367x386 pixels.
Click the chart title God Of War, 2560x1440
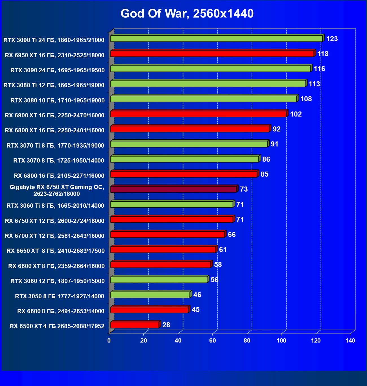point(187,14)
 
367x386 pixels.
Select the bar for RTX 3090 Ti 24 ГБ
point(216,39)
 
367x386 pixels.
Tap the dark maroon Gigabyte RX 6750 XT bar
point(173,189)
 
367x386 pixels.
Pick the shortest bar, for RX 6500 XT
point(135,325)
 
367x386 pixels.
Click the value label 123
point(332,39)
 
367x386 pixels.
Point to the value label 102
point(296,114)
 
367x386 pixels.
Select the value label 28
point(166,325)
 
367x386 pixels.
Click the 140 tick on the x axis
point(350,341)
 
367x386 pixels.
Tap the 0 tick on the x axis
point(109,341)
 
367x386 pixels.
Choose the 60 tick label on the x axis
point(212,341)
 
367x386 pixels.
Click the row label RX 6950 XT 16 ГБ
point(54,55)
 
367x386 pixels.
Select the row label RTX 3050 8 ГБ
point(59,296)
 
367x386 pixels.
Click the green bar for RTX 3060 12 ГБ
point(159,280)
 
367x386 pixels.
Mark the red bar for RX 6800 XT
point(190,129)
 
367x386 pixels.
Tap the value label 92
point(276,129)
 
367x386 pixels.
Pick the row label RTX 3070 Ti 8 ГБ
point(55,146)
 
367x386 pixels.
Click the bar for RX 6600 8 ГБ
point(149,310)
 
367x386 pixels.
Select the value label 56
point(214,280)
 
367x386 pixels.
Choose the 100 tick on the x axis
point(281,341)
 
